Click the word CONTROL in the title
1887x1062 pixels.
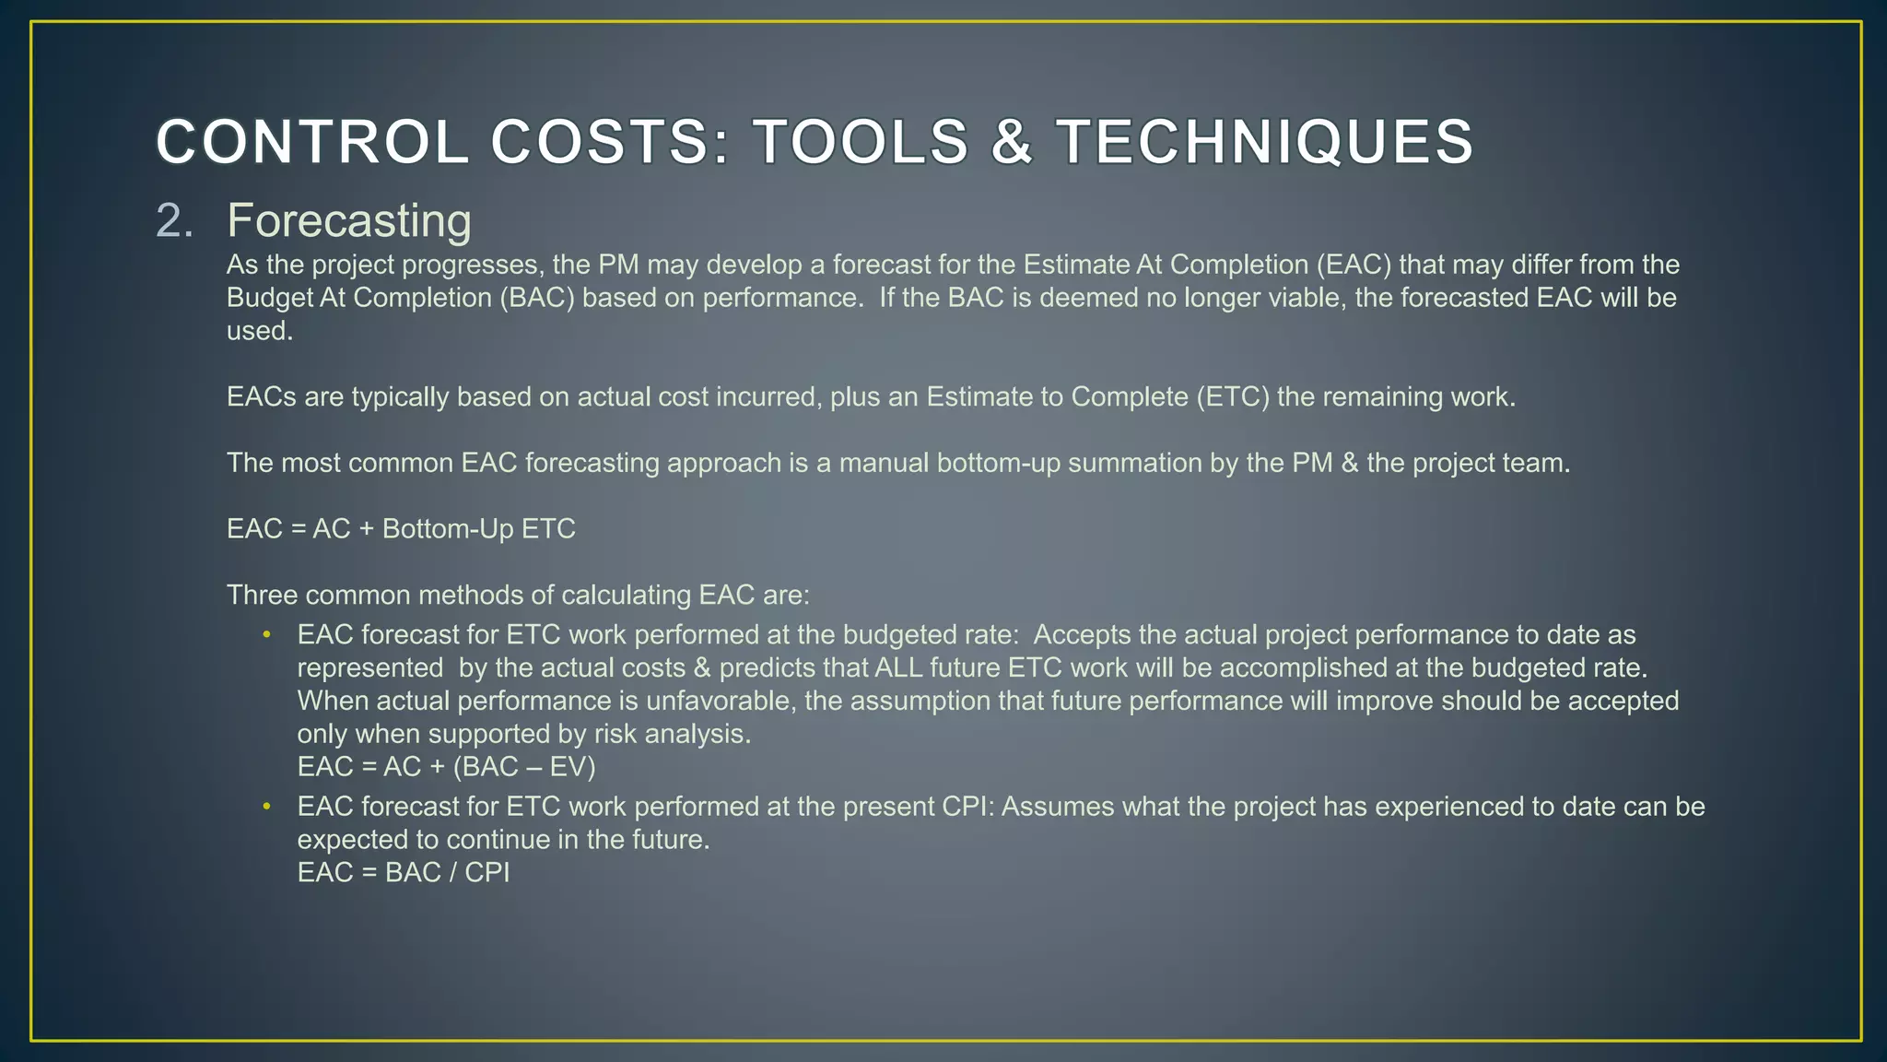click(312, 143)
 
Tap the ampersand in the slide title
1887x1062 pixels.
click(1011, 143)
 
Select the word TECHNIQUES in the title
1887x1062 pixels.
click(1264, 143)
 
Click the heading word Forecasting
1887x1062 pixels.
click(349, 221)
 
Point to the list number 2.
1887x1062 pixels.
click(174, 221)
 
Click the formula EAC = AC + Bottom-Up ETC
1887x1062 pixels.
click(401, 529)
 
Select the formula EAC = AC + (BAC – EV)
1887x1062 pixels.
click(446, 767)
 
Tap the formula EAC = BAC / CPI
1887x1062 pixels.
click(403, 873)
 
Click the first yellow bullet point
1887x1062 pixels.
click(266, 635)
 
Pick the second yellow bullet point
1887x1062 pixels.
click(266, 807)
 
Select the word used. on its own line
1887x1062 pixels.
click(260, 331)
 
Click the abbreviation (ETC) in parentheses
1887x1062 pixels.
click(1233, 397)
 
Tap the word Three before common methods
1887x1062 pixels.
click(263, 596)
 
